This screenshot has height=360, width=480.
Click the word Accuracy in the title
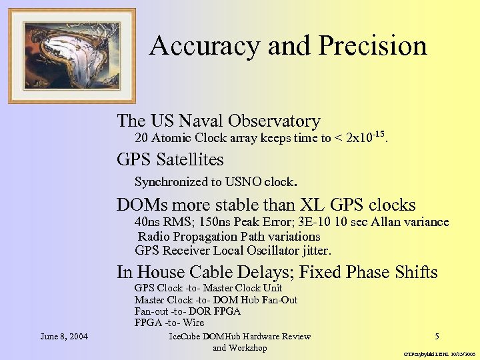[205, 46]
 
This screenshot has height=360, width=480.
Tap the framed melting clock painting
[71, 55]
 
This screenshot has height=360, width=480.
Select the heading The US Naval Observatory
[218, 121]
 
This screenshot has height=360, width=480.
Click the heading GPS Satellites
[170, 160]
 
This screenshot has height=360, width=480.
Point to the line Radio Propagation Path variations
[229, 237]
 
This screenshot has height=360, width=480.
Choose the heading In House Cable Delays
[205, 272]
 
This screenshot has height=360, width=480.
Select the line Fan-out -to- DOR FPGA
[187, 311]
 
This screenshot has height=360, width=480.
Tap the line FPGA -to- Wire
[169, 323]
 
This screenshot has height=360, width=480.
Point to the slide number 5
[437, 336]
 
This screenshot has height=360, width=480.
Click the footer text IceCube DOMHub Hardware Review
[240, 336]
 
